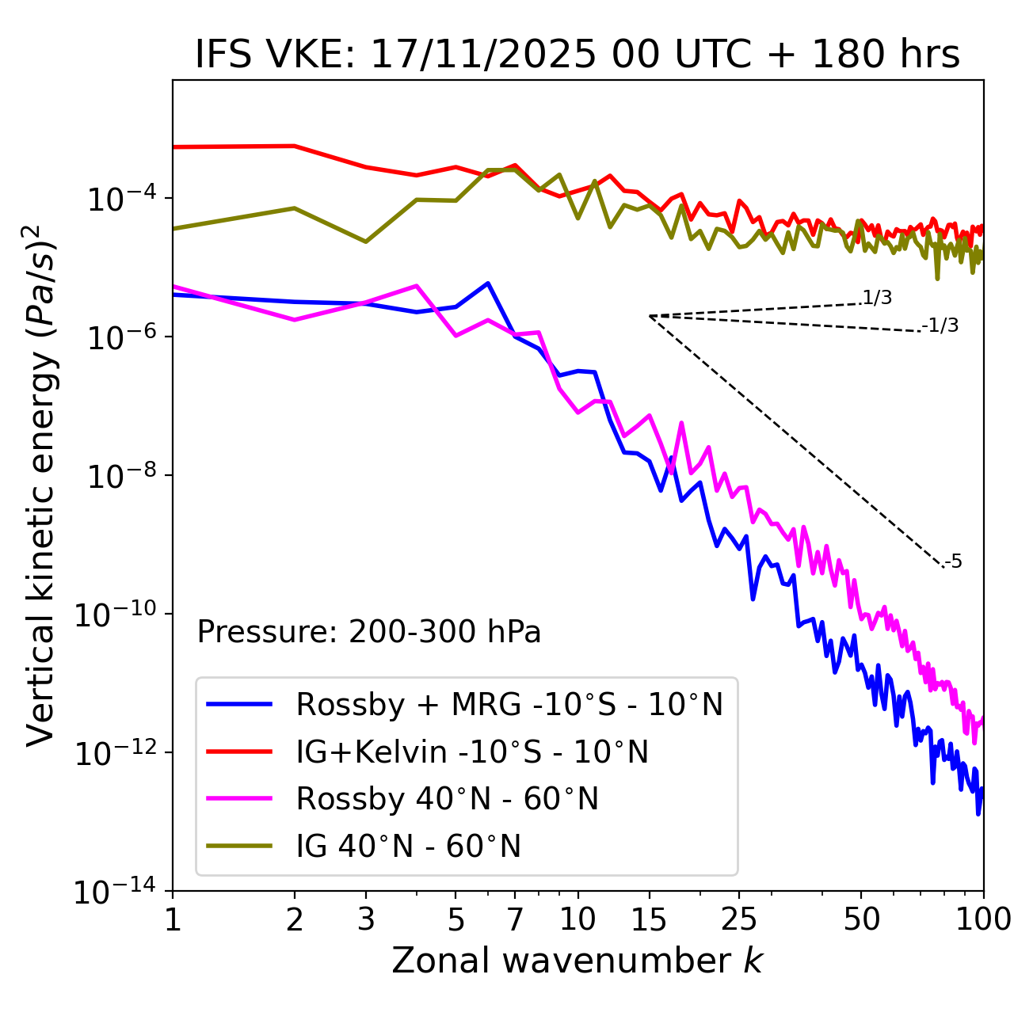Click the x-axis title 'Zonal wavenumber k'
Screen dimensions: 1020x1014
(578, 961)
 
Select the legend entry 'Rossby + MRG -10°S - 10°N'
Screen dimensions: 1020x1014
(509, 704)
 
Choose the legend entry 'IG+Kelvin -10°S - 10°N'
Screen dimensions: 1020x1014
(472, 752)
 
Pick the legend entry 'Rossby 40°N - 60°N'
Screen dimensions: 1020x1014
(447, 799)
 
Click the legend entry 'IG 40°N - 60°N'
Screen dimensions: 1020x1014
(408, 847)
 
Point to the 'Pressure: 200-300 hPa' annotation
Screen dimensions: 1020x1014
(369, 632)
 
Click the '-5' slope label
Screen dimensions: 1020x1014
(953, 562)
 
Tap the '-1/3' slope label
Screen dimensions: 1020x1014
(941, 325)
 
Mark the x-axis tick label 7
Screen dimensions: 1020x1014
(515, 919)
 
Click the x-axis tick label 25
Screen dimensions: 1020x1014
(739, 919)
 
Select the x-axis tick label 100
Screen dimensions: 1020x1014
(982, 919)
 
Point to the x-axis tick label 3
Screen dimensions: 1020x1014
(366, 919)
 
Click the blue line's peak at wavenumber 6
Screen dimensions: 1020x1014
(488, 283)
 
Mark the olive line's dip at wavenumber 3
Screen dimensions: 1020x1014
(366, 242)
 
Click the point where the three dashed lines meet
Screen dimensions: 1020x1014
(650, 316)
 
